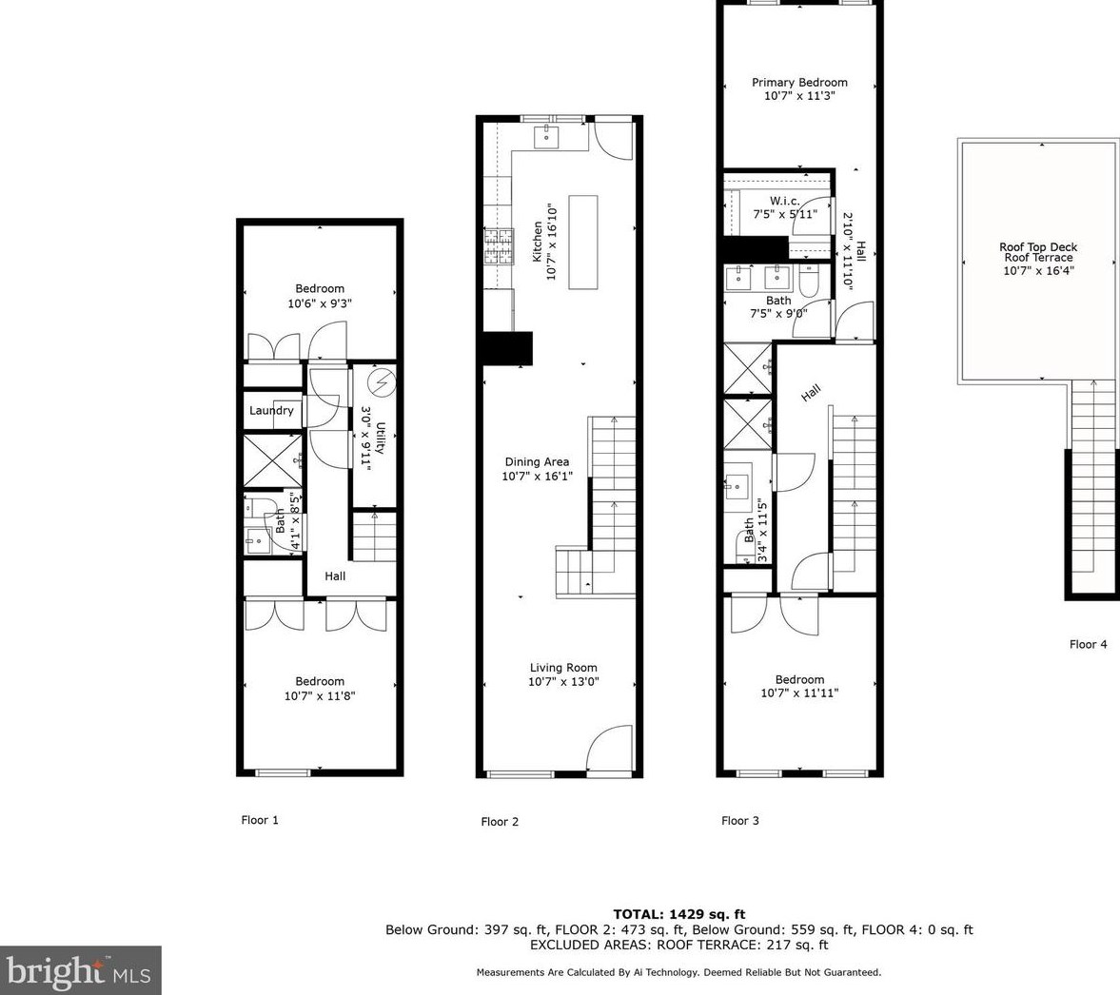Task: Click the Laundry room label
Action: pos(271,411)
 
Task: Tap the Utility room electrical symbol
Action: pos(382,384)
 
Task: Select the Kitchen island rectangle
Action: pos(583,243)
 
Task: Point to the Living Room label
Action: pos(563,668)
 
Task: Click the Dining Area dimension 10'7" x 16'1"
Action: pos(537,477)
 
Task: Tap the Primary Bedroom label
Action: pos(799,83)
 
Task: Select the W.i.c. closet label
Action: pos(784,201)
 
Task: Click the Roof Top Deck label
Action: pos(1038,247)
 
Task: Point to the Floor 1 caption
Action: pos(260,820)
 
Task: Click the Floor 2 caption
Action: pos(500,822)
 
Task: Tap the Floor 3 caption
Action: pos(740,821)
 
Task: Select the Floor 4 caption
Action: pos(1088,644)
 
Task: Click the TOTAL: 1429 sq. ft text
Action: pos(678,914)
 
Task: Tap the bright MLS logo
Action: pos(80,971)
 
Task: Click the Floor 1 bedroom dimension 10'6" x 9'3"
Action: pos(320,304)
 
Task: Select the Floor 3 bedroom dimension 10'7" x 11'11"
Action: pos(799,693)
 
